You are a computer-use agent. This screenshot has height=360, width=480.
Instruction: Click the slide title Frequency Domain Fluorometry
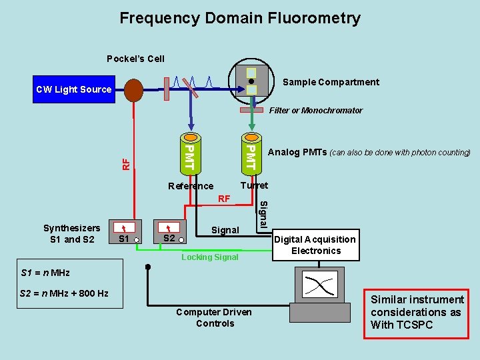[240, 18]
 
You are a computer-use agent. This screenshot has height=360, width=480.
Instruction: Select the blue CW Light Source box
[73, 89]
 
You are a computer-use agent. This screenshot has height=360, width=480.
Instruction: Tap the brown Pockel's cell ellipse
[133, 90]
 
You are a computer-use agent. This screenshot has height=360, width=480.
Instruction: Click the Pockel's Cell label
[135, 59]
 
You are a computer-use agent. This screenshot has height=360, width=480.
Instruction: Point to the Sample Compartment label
[331, 82]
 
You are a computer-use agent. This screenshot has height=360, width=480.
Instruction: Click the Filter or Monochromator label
[315, 111]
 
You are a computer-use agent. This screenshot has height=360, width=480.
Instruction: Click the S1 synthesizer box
[126, 231]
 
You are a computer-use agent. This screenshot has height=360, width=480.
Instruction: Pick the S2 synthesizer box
[170, 231]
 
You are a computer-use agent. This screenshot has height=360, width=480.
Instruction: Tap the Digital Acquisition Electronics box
[315, 245]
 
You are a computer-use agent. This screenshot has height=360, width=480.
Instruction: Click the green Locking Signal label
[209, 257]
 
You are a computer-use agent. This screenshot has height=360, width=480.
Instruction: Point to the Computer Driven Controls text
[215, 317]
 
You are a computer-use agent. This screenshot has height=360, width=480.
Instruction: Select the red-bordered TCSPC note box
[417, 313]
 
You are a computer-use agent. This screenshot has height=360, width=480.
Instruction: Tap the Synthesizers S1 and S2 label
[71, 233]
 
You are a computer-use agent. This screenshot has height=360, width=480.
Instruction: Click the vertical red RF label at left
[125, 162]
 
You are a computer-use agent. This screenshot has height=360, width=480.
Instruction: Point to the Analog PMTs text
[369, 152]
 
